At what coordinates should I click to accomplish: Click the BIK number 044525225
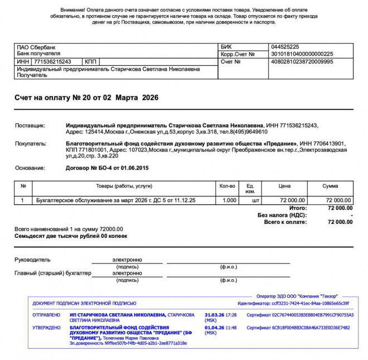pyautogui.click(x=284, y=47)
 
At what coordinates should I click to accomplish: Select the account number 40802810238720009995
pyautogui.click(x=302, y=61)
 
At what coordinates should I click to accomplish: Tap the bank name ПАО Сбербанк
pyautogui.click(x=36, y=47)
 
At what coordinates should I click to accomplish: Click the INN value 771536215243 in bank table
pyautogui.click(x=52, y=61)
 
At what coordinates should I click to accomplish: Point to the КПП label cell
pyautogui.click(x=90, y=61)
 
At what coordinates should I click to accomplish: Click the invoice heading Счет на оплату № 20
pyautogui.click(x=86, y=98)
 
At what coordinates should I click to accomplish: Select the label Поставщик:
pyautogui.click(x=30, y=126)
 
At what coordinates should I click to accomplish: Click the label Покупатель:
pyautogui.click(x=31, y=143)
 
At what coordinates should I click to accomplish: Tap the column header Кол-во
pyautogui.click(x=227, y=186)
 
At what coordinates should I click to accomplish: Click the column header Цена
pyautogui.click(x=284, y=186)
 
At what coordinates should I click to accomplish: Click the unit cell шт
pyautogui.click(x=256, y=200)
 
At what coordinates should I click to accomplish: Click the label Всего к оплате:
pyautogui.click(x=285, y=222)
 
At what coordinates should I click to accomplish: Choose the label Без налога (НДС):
pyautogui.click(x=282, y=215)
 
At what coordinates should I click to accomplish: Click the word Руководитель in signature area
pyautogui.click(x=32, y=260)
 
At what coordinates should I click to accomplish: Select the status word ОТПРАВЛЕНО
pyautogui.click(x=47, y=315)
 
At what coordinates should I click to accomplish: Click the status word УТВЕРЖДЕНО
pyautogui.click(x=47, y=328)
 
